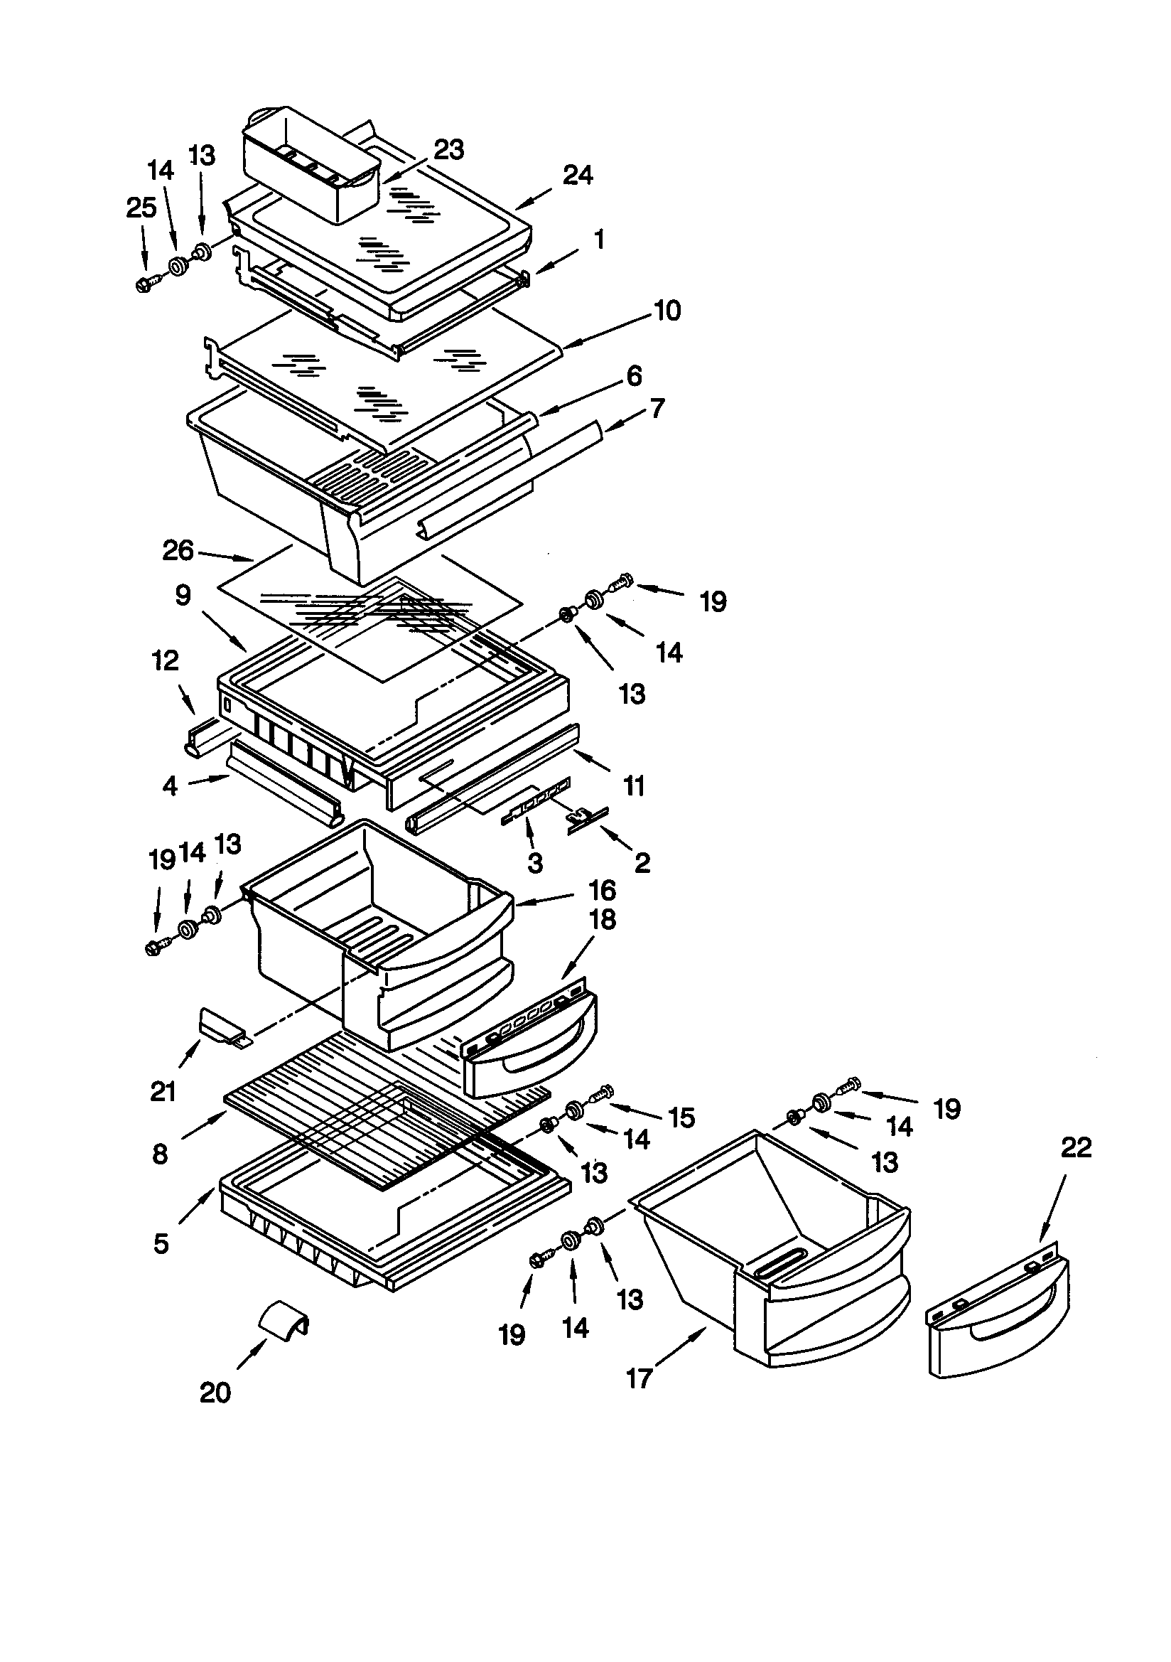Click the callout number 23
[x=448, y=150]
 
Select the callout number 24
[x=578, y=174]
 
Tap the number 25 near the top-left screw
[x=141, y=208]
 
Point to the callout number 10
[x=667, y=311]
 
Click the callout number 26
[x=178, y=551]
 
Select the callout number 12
[x=165, y=660]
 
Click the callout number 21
[x=163, y=1091]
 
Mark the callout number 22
[x=1076, y=1148]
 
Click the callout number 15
[x=681, y=1117]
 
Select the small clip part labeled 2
[x=588, y=820]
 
